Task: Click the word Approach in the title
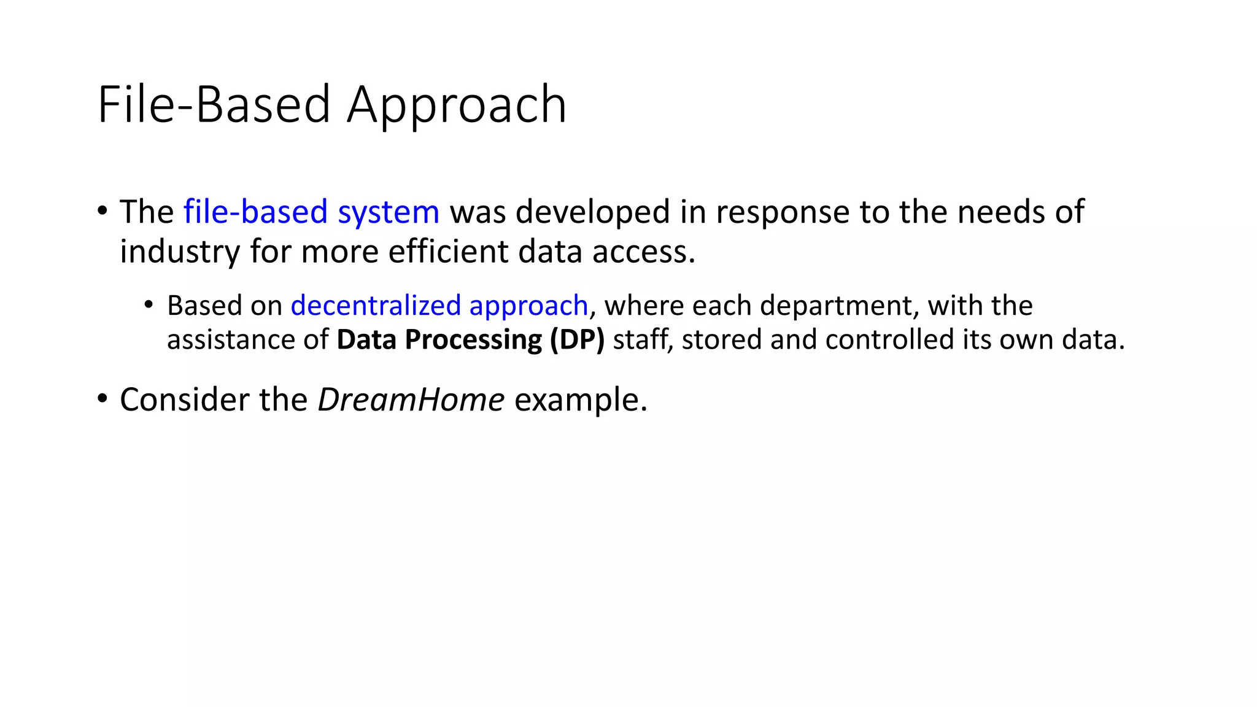coord(456,106)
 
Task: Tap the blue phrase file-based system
coord(311,212)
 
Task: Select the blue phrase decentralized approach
coord(439,306)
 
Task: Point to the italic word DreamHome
coord(411,400)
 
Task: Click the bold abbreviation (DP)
coord(577,340)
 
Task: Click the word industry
coord(179,252)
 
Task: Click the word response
coord(783,212)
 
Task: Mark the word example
coord(580,400)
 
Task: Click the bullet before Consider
coord(102,398)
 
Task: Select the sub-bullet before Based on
coord(149,304)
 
